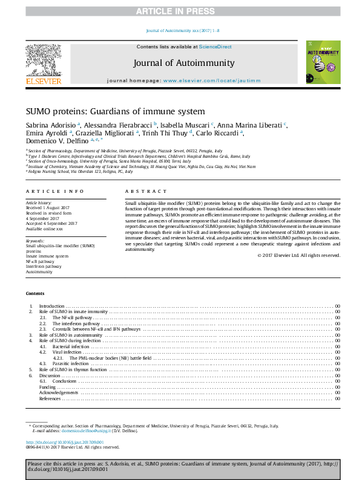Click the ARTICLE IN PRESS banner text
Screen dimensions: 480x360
180,11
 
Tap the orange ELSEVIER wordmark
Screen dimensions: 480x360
44,80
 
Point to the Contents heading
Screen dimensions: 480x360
34,293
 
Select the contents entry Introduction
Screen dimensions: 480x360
52,307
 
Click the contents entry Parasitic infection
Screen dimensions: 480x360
70,364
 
